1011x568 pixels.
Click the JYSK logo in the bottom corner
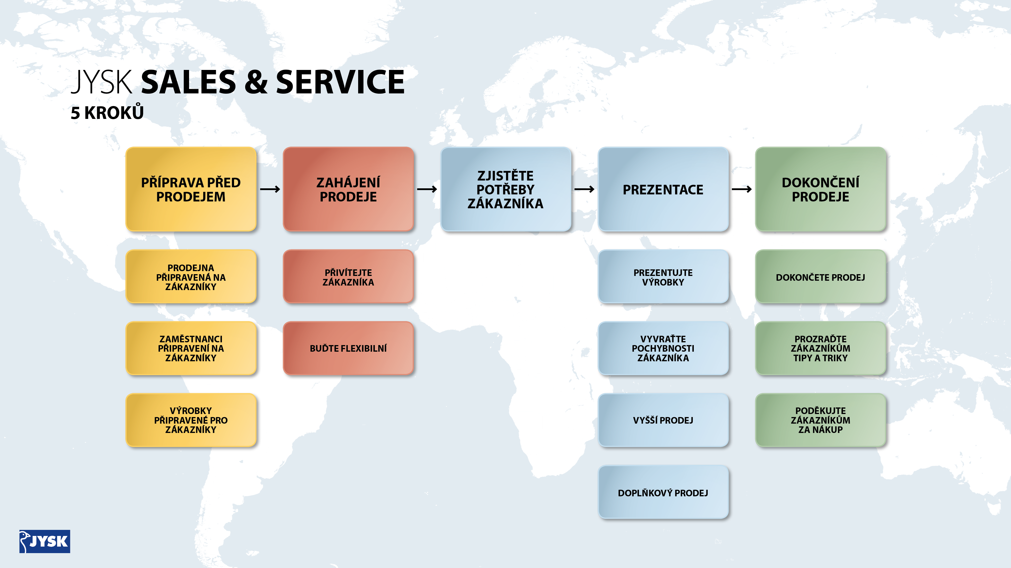click(x=45, y=541)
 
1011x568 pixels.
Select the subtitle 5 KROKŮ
click(x=107, y=113)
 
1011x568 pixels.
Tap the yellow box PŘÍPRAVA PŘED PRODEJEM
click(x=191, y=189)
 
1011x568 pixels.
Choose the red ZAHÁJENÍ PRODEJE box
click(x=348, y=189)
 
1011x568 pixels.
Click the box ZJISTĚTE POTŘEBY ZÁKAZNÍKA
click(x=505, y=189)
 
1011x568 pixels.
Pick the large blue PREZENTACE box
click(x=663, y=189)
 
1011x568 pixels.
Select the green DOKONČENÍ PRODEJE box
click(x=820, y=189)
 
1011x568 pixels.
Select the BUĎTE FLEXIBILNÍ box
click(x=348, y=348)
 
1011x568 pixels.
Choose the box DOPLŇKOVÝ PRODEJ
click(x=663, y=492)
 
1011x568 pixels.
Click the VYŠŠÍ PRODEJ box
click(x=663, y=420)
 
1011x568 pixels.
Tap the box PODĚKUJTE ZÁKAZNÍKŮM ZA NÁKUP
click(x=820, y=420)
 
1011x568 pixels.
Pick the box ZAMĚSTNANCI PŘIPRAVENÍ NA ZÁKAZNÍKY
click(x=191, y=348)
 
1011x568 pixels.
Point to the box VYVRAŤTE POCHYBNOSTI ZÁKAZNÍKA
click(x=663, y=348)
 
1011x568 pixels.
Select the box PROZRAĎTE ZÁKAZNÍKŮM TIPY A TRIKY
click(x=820, y=348)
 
